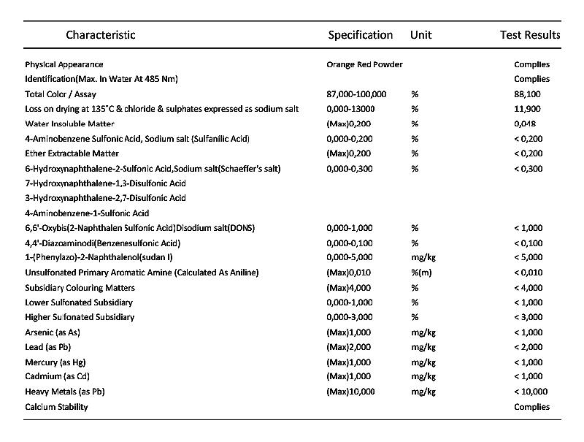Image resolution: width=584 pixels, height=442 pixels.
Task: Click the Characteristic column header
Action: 101,35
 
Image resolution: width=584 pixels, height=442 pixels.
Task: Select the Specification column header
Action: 361,35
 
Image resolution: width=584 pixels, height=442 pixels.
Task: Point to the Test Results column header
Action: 530,35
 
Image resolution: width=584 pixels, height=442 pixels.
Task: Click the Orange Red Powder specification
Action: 364,64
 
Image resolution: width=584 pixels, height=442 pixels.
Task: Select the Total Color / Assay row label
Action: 61,94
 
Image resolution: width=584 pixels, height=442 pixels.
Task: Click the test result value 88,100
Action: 527,94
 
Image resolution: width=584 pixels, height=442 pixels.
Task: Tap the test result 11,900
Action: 527,109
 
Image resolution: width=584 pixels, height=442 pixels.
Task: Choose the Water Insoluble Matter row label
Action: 69,123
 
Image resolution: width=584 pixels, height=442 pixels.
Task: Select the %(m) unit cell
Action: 421,273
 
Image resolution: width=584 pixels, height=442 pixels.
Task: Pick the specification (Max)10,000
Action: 350,392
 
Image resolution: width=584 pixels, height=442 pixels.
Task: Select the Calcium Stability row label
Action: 56,407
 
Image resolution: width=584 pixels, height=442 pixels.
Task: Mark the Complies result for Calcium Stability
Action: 531,407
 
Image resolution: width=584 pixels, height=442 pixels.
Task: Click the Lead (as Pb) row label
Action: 48,347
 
